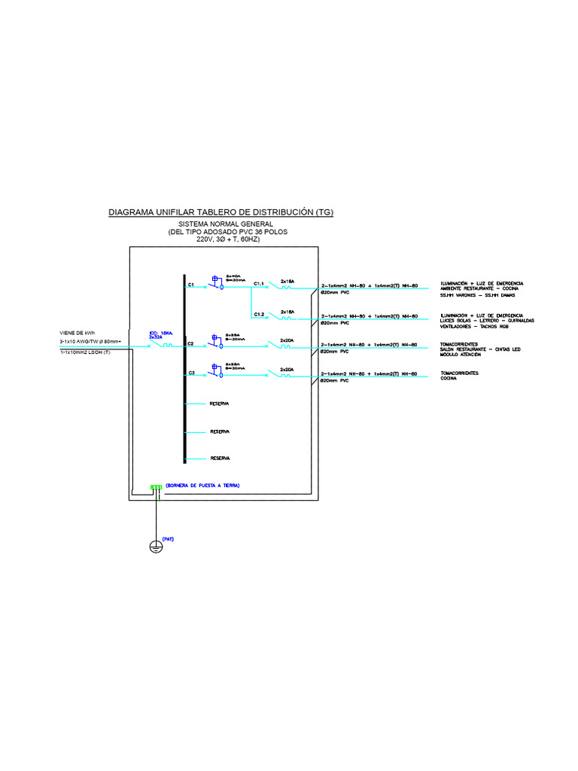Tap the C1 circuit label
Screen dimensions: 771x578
pos(191,285)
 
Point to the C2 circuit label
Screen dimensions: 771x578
pos(191,343)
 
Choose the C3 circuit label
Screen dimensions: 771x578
pos(191,373)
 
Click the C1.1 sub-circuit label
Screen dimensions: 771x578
pos(258,283)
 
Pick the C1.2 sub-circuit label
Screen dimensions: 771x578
pos(258,313)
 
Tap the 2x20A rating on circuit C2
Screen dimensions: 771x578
pos(287,340)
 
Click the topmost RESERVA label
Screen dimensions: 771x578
pos(219,404)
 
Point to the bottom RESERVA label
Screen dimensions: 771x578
pos(219,458)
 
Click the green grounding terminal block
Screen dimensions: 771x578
pos(156,486)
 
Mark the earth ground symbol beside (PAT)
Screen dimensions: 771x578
pos(156,547)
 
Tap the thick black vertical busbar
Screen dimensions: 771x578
pos(184,369)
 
